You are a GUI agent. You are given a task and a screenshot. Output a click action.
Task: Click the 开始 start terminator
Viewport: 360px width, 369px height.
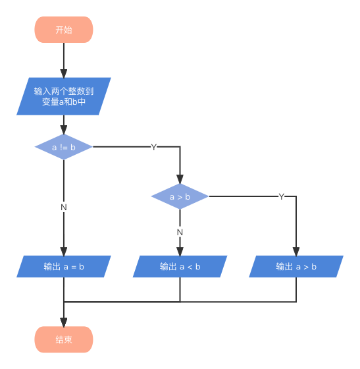(64, 30)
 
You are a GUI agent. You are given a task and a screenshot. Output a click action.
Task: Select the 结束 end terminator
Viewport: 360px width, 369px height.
(64, 339)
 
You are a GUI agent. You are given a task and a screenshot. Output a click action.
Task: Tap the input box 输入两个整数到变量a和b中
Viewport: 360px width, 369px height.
(64, 96)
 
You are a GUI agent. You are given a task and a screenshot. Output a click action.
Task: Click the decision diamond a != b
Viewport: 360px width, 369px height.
(64, 147)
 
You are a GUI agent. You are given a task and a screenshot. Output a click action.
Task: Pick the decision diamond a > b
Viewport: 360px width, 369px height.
(180, 196)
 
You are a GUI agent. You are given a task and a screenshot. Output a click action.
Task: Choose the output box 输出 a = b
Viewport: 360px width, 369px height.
(64, 266)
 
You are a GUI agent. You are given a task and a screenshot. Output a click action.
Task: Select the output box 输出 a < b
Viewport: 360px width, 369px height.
(180, 266)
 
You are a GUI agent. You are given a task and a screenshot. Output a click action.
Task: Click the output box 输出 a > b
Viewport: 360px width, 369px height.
(296, 266)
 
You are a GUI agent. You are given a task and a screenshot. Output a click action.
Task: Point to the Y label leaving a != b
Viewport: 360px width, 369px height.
(154, 147)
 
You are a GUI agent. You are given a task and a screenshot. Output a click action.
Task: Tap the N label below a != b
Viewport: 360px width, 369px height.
(64, 207)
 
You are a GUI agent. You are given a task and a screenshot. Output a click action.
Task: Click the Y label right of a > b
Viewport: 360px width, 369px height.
(282, 196)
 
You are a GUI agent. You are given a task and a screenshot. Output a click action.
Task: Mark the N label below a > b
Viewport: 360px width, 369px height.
(180, 231)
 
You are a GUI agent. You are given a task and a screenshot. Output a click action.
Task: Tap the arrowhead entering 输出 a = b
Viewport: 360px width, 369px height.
(64, 251)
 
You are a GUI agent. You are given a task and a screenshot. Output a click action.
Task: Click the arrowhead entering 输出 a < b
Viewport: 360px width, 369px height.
(180, 251)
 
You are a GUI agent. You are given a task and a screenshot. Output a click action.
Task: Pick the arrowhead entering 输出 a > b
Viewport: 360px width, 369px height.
(296, 251)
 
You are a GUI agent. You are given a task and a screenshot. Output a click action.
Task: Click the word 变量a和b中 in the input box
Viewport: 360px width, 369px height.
(64, 103)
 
